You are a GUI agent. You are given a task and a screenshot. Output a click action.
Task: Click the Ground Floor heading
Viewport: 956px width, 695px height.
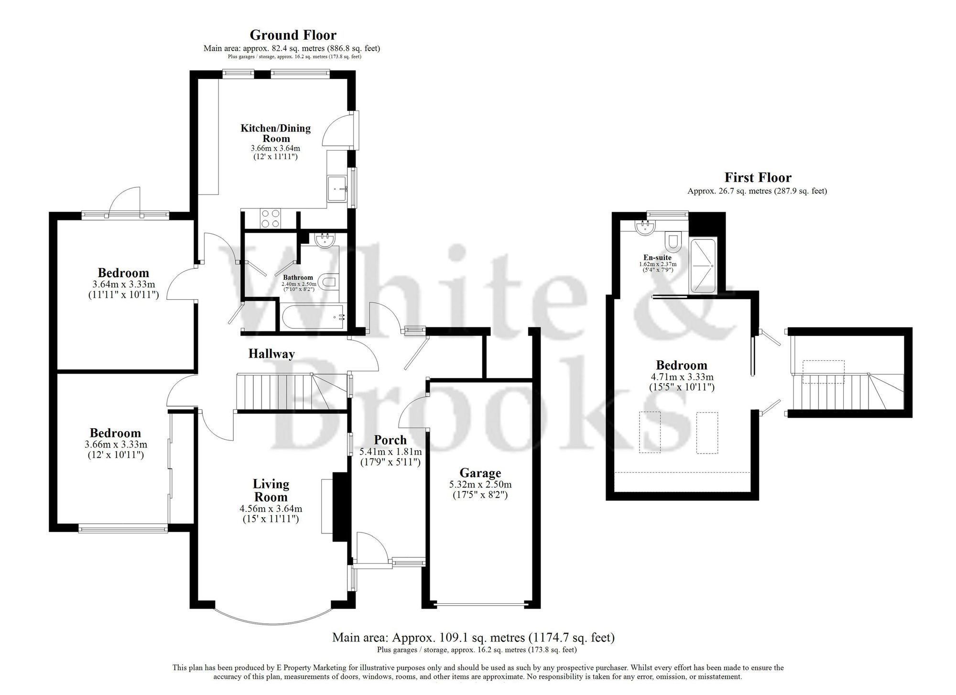(293, 35)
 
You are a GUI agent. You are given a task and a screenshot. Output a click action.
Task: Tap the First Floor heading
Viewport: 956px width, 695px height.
(758, 178)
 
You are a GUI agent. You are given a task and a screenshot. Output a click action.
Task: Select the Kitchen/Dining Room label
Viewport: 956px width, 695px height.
(275, 133)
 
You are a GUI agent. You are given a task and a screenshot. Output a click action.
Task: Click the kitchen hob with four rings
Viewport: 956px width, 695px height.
(271, 219)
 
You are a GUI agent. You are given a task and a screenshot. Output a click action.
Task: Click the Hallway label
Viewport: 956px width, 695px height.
(271, 354)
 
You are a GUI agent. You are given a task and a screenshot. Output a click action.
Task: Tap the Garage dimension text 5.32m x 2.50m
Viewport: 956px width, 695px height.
(480, 485)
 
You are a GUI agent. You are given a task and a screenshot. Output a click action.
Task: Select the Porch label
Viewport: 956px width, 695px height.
(390, 440)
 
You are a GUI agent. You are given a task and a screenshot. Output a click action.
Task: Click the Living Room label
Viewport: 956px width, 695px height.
(271, 490)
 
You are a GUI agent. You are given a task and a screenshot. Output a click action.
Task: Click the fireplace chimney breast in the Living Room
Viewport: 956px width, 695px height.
(340, 506)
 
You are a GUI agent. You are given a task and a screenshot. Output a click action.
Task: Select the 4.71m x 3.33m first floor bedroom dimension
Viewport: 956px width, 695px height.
(681, 377)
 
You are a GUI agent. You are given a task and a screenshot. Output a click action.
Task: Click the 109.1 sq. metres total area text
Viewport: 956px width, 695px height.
(473, 637)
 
